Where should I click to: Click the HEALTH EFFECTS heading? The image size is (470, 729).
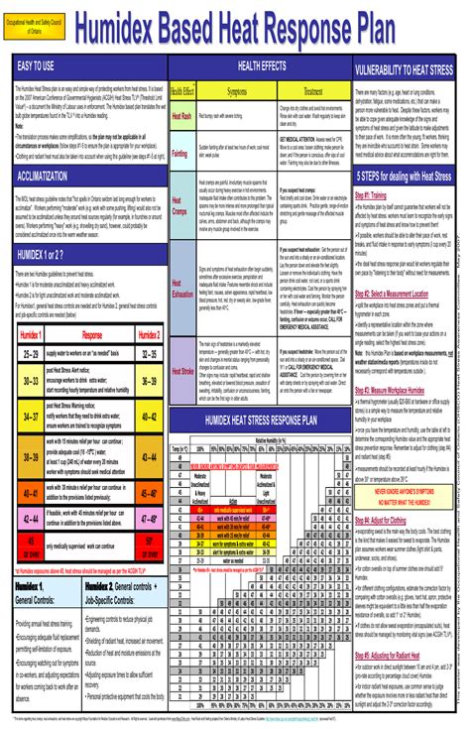tap(261, 66)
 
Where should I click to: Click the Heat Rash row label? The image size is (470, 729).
tap(182, 116)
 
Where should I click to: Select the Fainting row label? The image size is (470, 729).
tap(181, 154)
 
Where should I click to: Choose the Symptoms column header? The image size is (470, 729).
tap(237, 91)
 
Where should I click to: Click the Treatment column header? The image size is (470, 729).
tap(313, 91)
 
